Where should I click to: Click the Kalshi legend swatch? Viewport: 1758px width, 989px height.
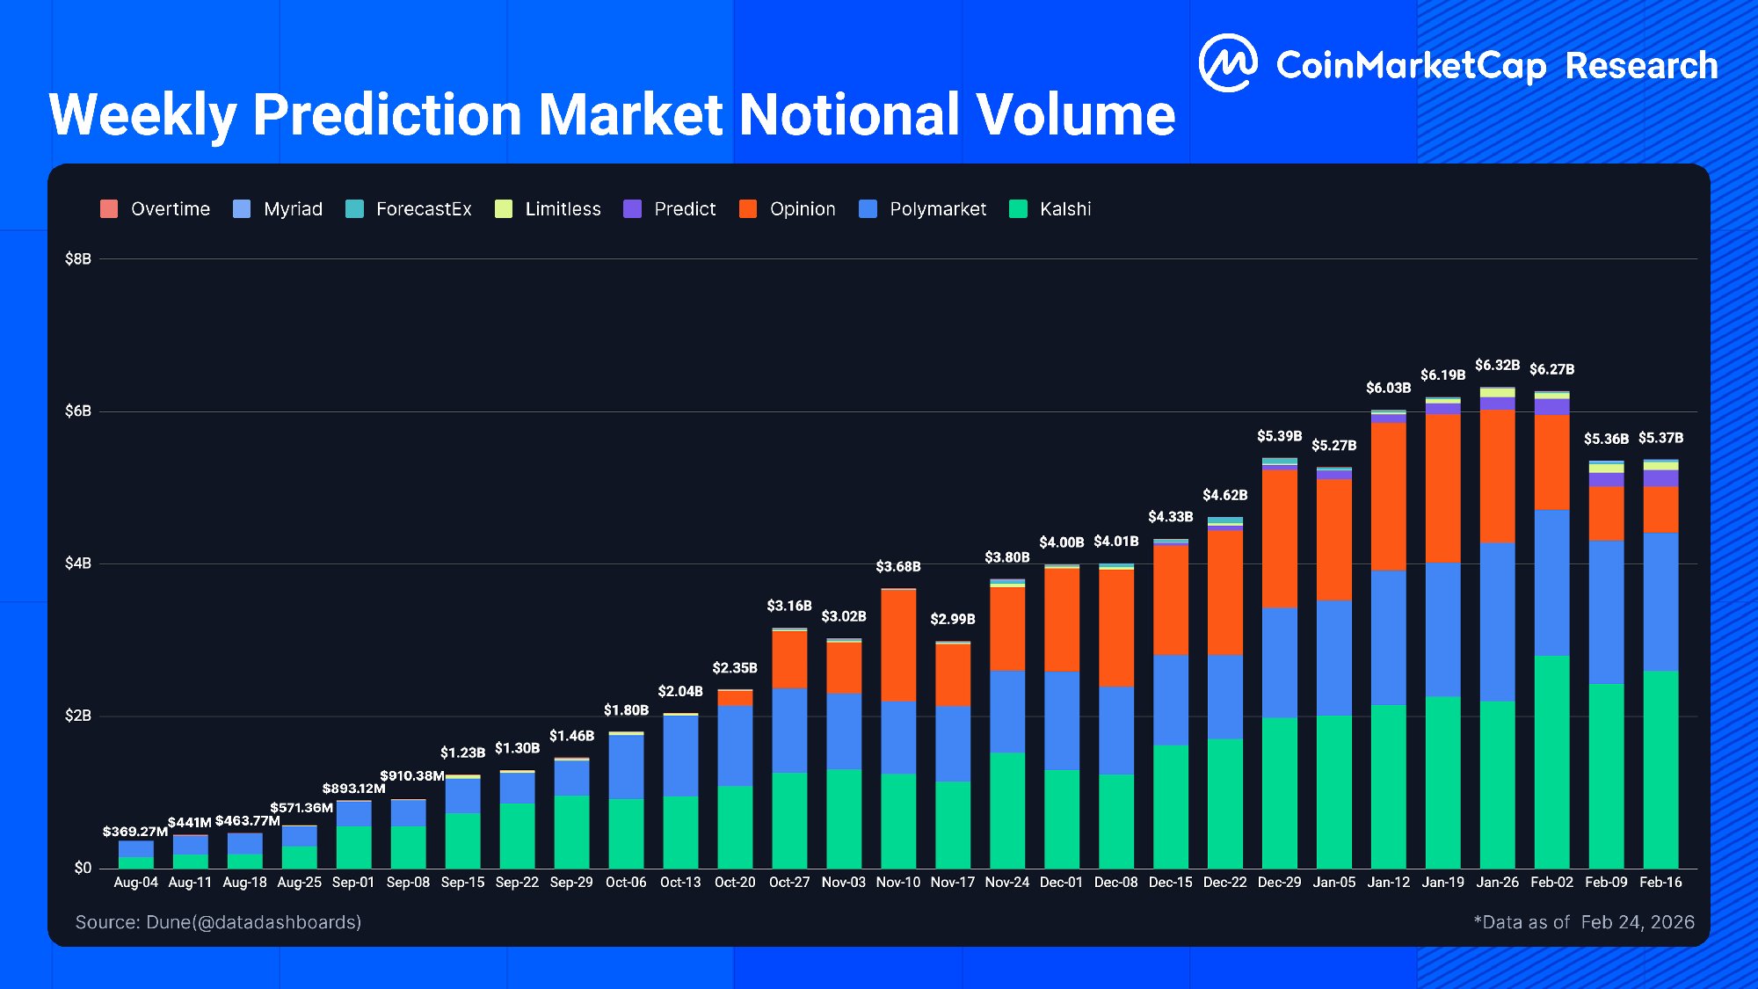pyautogui.click(x=1018, y=209)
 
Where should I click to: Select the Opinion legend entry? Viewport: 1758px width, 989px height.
pyautogui.click(x=802, y=209)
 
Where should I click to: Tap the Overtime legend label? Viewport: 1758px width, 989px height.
pyautogui.click(x=170, y=209)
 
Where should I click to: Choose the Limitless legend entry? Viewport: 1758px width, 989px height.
pyautogui.click(x=563, y=209)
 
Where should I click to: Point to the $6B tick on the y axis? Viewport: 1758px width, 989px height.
pyautogui.click(x=77, y=411)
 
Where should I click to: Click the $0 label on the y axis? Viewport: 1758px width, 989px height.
pyautogui.click(x=82, y=868)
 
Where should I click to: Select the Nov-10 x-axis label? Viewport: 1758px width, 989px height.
pyautogui.click(x=897, y=882)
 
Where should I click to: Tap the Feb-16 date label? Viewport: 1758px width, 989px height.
pyautogui.click(x=1660, y=882)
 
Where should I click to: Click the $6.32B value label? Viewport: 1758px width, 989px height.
pyautogui.click(x=1497, y=365)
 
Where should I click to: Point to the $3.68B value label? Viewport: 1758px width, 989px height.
pyautogui.click(x=897, y=567)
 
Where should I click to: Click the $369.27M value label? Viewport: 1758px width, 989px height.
pyautogui.click(x=134, y=832)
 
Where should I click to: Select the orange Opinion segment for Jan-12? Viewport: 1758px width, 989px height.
pyautogui.click(x=1388, y=497)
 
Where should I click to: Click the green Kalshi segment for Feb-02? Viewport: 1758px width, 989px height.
pyautogui.click(x=1551, y=761)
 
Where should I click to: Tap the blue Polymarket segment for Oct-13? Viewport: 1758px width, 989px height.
pyautogui.click(x=680, y=756)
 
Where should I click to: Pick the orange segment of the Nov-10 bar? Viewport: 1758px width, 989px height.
pyautogui.click(x=897, y=645)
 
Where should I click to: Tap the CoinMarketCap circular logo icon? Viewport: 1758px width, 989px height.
pyautogui.click(x=1228, y=63)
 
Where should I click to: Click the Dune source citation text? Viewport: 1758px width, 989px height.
pyautogui.click(x=218, y=922)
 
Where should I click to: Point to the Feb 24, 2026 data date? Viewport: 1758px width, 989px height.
pyautogui.click(x=1637, y=922)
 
